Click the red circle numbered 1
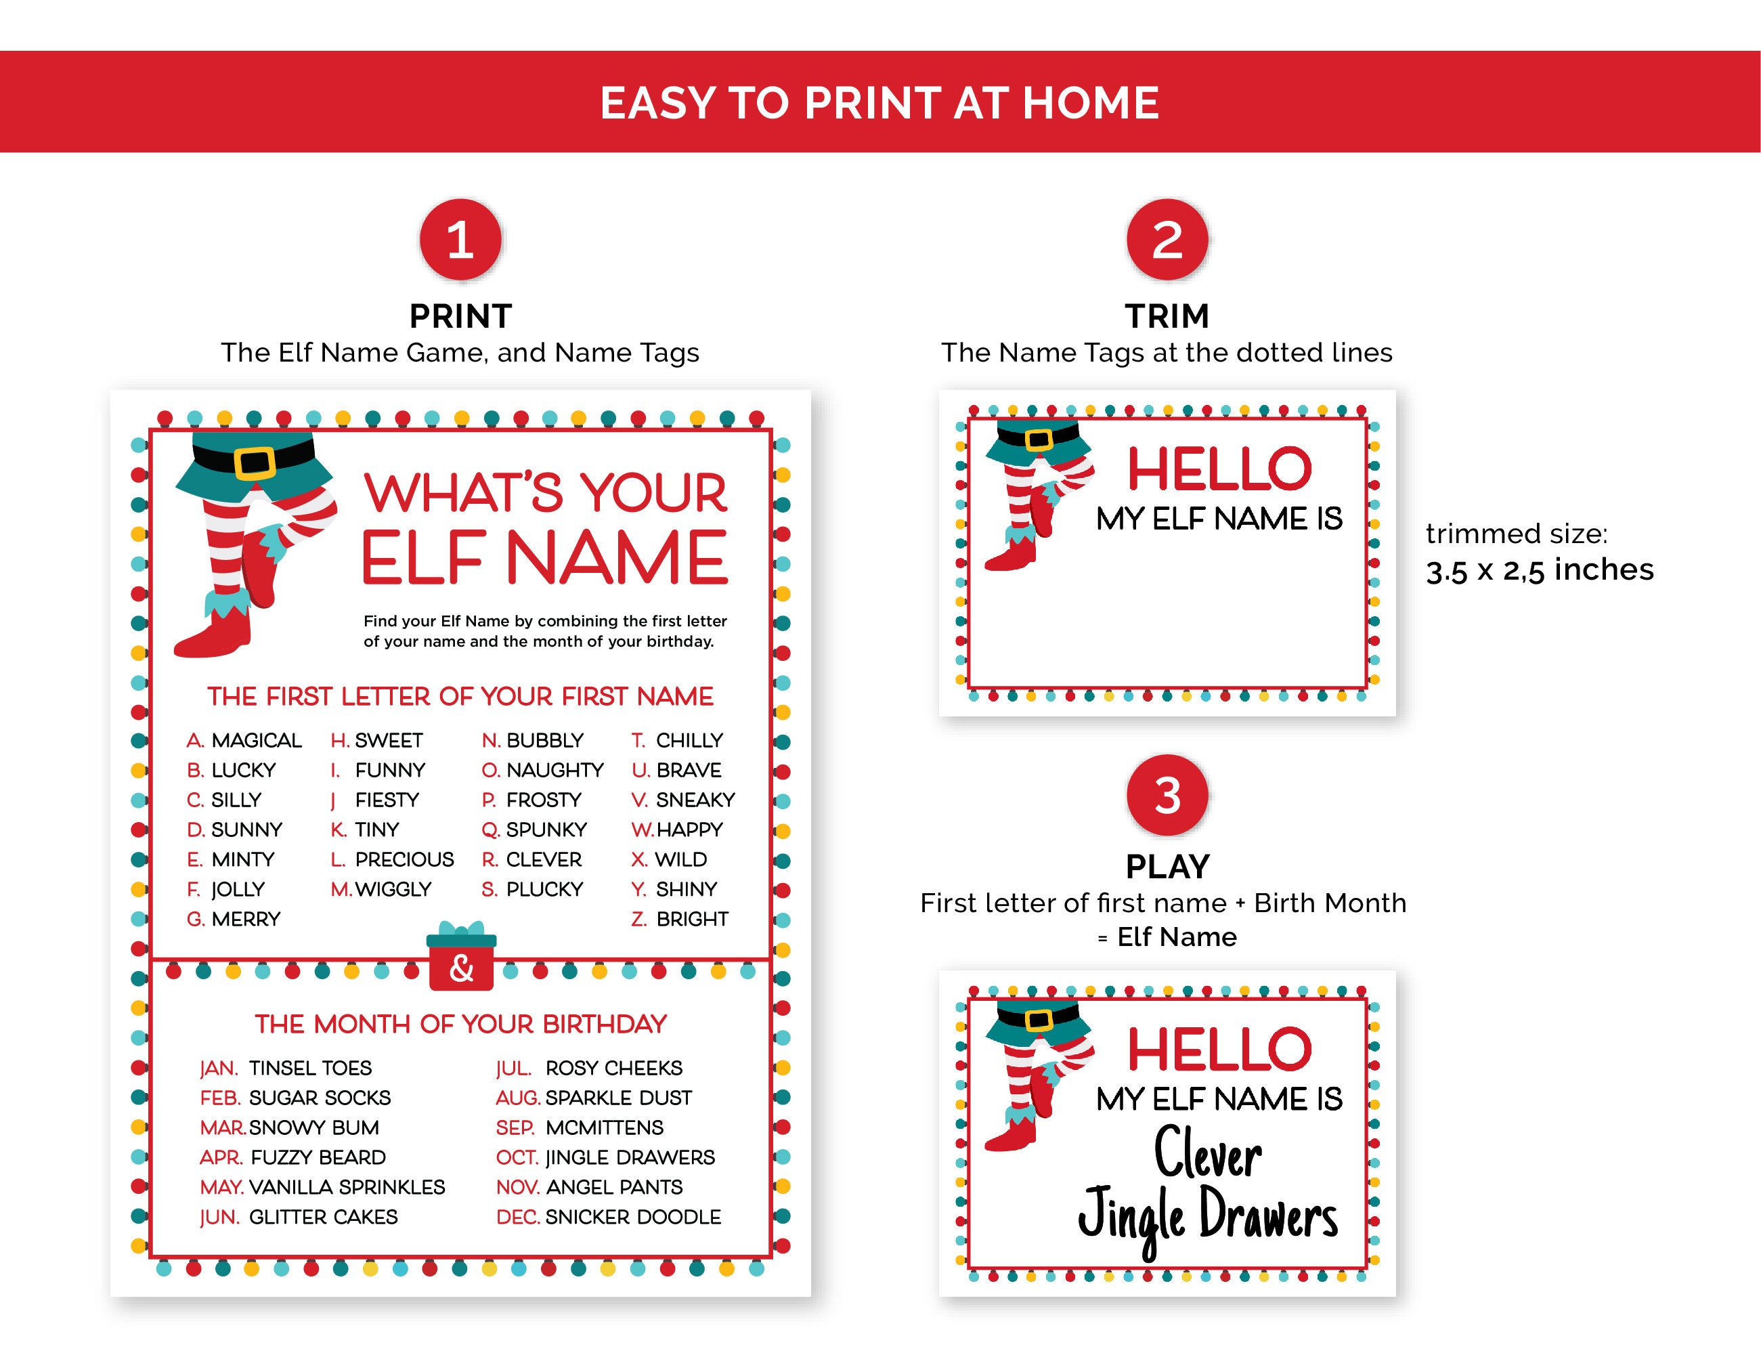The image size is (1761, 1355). coord(460,240)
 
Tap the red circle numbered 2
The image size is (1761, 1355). coord(1167,240)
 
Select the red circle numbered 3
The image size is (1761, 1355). coord(1167,795)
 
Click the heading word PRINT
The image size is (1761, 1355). coord(460,316)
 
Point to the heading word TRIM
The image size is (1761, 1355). coord(1167,316)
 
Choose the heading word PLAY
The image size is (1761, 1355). coord(1167,867)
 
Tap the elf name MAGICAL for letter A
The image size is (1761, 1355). coord(257,740)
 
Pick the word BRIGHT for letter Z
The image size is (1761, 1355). coord(692,919)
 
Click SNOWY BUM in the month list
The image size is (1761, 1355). coord(313,1127)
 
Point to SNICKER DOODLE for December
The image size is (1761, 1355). coord(633,1217)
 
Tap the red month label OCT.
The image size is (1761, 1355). coord(517,1157)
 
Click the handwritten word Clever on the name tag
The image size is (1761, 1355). coord(1207,1153)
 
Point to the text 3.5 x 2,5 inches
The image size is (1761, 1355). coord(1539,570)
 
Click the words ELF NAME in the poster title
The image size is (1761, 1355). coord(544,557)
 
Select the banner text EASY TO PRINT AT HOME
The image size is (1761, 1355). coord(879,102)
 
